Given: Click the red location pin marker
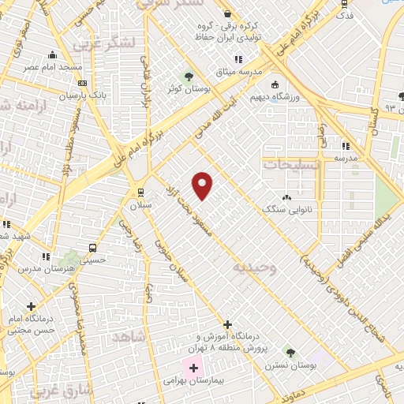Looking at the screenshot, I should click(203, 185).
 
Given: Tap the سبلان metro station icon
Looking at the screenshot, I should click(140, 192).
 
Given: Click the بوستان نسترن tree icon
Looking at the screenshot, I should click(290, 352).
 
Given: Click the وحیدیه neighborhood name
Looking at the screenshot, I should click(256, 267).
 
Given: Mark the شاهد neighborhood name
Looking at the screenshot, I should click(131, 338).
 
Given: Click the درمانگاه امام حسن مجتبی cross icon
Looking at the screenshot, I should click(32, 306).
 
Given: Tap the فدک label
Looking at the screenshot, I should click(344, 15).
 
